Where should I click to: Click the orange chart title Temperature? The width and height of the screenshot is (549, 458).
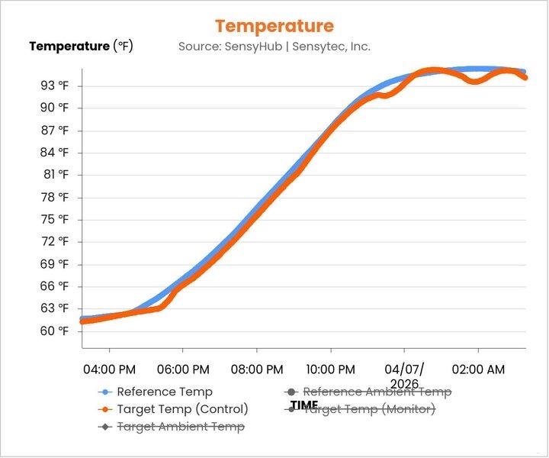[x=274, y=27]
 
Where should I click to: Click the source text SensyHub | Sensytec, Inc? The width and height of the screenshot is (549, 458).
[x=274, y=47]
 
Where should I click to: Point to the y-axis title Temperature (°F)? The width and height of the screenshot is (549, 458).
[x=81, y=47]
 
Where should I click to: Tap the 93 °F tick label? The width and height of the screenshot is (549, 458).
[x=54, y=85]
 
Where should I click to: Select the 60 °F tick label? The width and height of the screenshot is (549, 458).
[x=54, y=331]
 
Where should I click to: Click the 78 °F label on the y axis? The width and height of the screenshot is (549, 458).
[x=54, y=197]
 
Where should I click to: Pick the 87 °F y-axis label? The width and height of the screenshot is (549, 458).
[x=54, y=131]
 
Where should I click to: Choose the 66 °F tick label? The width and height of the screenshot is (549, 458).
[x=54, y=286]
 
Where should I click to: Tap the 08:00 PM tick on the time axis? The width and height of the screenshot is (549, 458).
[x=256, y=369]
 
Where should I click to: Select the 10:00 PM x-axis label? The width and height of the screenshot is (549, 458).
[x=330, y=369]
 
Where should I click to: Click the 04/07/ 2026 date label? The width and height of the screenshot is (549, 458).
[x=404, y=376]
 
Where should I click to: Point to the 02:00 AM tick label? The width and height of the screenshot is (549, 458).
[x=478, y=369]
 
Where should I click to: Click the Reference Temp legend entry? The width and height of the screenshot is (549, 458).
[x=164, y=392]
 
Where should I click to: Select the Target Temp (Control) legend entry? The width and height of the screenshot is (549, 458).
[x=182, y=409]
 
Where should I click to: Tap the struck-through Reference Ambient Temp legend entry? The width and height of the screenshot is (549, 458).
[x=377, y=392]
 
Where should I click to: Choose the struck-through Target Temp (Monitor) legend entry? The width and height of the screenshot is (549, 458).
[x=369, y=409]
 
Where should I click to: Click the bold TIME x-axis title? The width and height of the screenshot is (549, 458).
[x=304, y=405]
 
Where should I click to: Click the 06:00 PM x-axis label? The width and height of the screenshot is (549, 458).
[x=182, y=369]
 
